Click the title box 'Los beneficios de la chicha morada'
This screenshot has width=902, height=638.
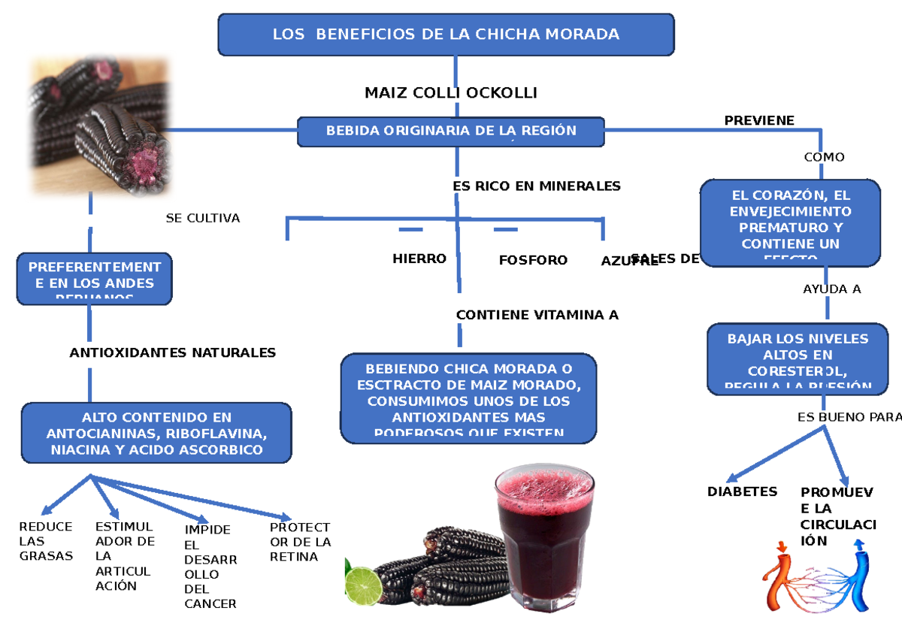446,35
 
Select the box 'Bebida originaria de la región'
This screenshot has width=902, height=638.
451,131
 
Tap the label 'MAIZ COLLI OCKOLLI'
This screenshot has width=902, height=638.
450,93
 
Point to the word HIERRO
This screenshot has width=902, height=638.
419,259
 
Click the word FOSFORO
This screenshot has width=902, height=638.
533,260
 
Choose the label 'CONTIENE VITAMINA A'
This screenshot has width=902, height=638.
537,315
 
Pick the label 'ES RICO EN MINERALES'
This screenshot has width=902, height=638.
537,186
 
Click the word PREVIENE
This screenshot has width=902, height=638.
758,120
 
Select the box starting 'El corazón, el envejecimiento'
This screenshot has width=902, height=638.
790,222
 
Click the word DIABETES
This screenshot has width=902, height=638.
742,491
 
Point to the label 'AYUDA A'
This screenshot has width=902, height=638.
831,289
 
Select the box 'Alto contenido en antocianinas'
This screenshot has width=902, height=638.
156,434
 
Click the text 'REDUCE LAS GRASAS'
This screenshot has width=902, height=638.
46,541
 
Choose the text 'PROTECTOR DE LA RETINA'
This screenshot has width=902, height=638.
300,542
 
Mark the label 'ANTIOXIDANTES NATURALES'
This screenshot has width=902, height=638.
172,352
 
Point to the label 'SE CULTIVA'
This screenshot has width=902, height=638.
202,219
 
